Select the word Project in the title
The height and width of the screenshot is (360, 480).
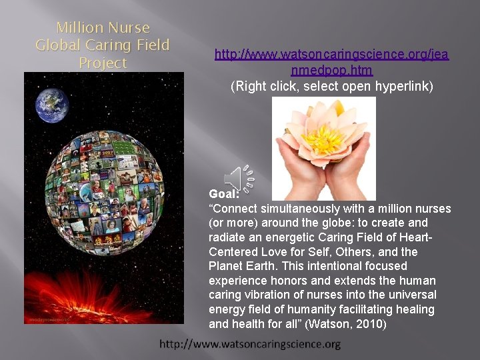pyautogui.click(x=103, y=63)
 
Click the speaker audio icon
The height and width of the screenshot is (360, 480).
pyautogui.click(x=239, y=179)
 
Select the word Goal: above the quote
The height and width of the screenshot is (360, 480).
pyautogui.click(x=224, y=194)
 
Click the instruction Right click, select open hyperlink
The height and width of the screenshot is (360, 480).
pyautogui.click(x=331, y=86)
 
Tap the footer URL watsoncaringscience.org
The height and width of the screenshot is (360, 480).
pyautogui.click(x=250, y=344)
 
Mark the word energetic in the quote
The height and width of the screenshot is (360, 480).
pyautogui.click(x=298, y=237)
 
